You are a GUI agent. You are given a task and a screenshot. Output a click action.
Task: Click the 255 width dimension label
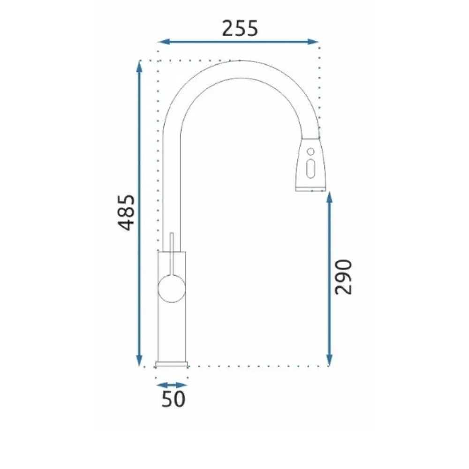point(240,29)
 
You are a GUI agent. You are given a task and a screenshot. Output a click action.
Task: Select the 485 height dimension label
point(125,212)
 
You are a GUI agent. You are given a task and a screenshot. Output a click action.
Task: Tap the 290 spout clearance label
point(343,277)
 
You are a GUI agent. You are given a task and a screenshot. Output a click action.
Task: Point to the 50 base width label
point(174,399)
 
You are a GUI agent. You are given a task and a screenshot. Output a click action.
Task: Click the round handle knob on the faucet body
point(171,289)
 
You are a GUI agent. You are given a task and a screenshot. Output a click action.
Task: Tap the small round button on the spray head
point(311,151)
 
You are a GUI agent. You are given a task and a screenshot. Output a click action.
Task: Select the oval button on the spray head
point(311,169)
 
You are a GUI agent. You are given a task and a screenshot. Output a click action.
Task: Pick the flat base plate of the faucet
point(171,364)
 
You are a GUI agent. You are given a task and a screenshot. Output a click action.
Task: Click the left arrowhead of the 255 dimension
point(164,42)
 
